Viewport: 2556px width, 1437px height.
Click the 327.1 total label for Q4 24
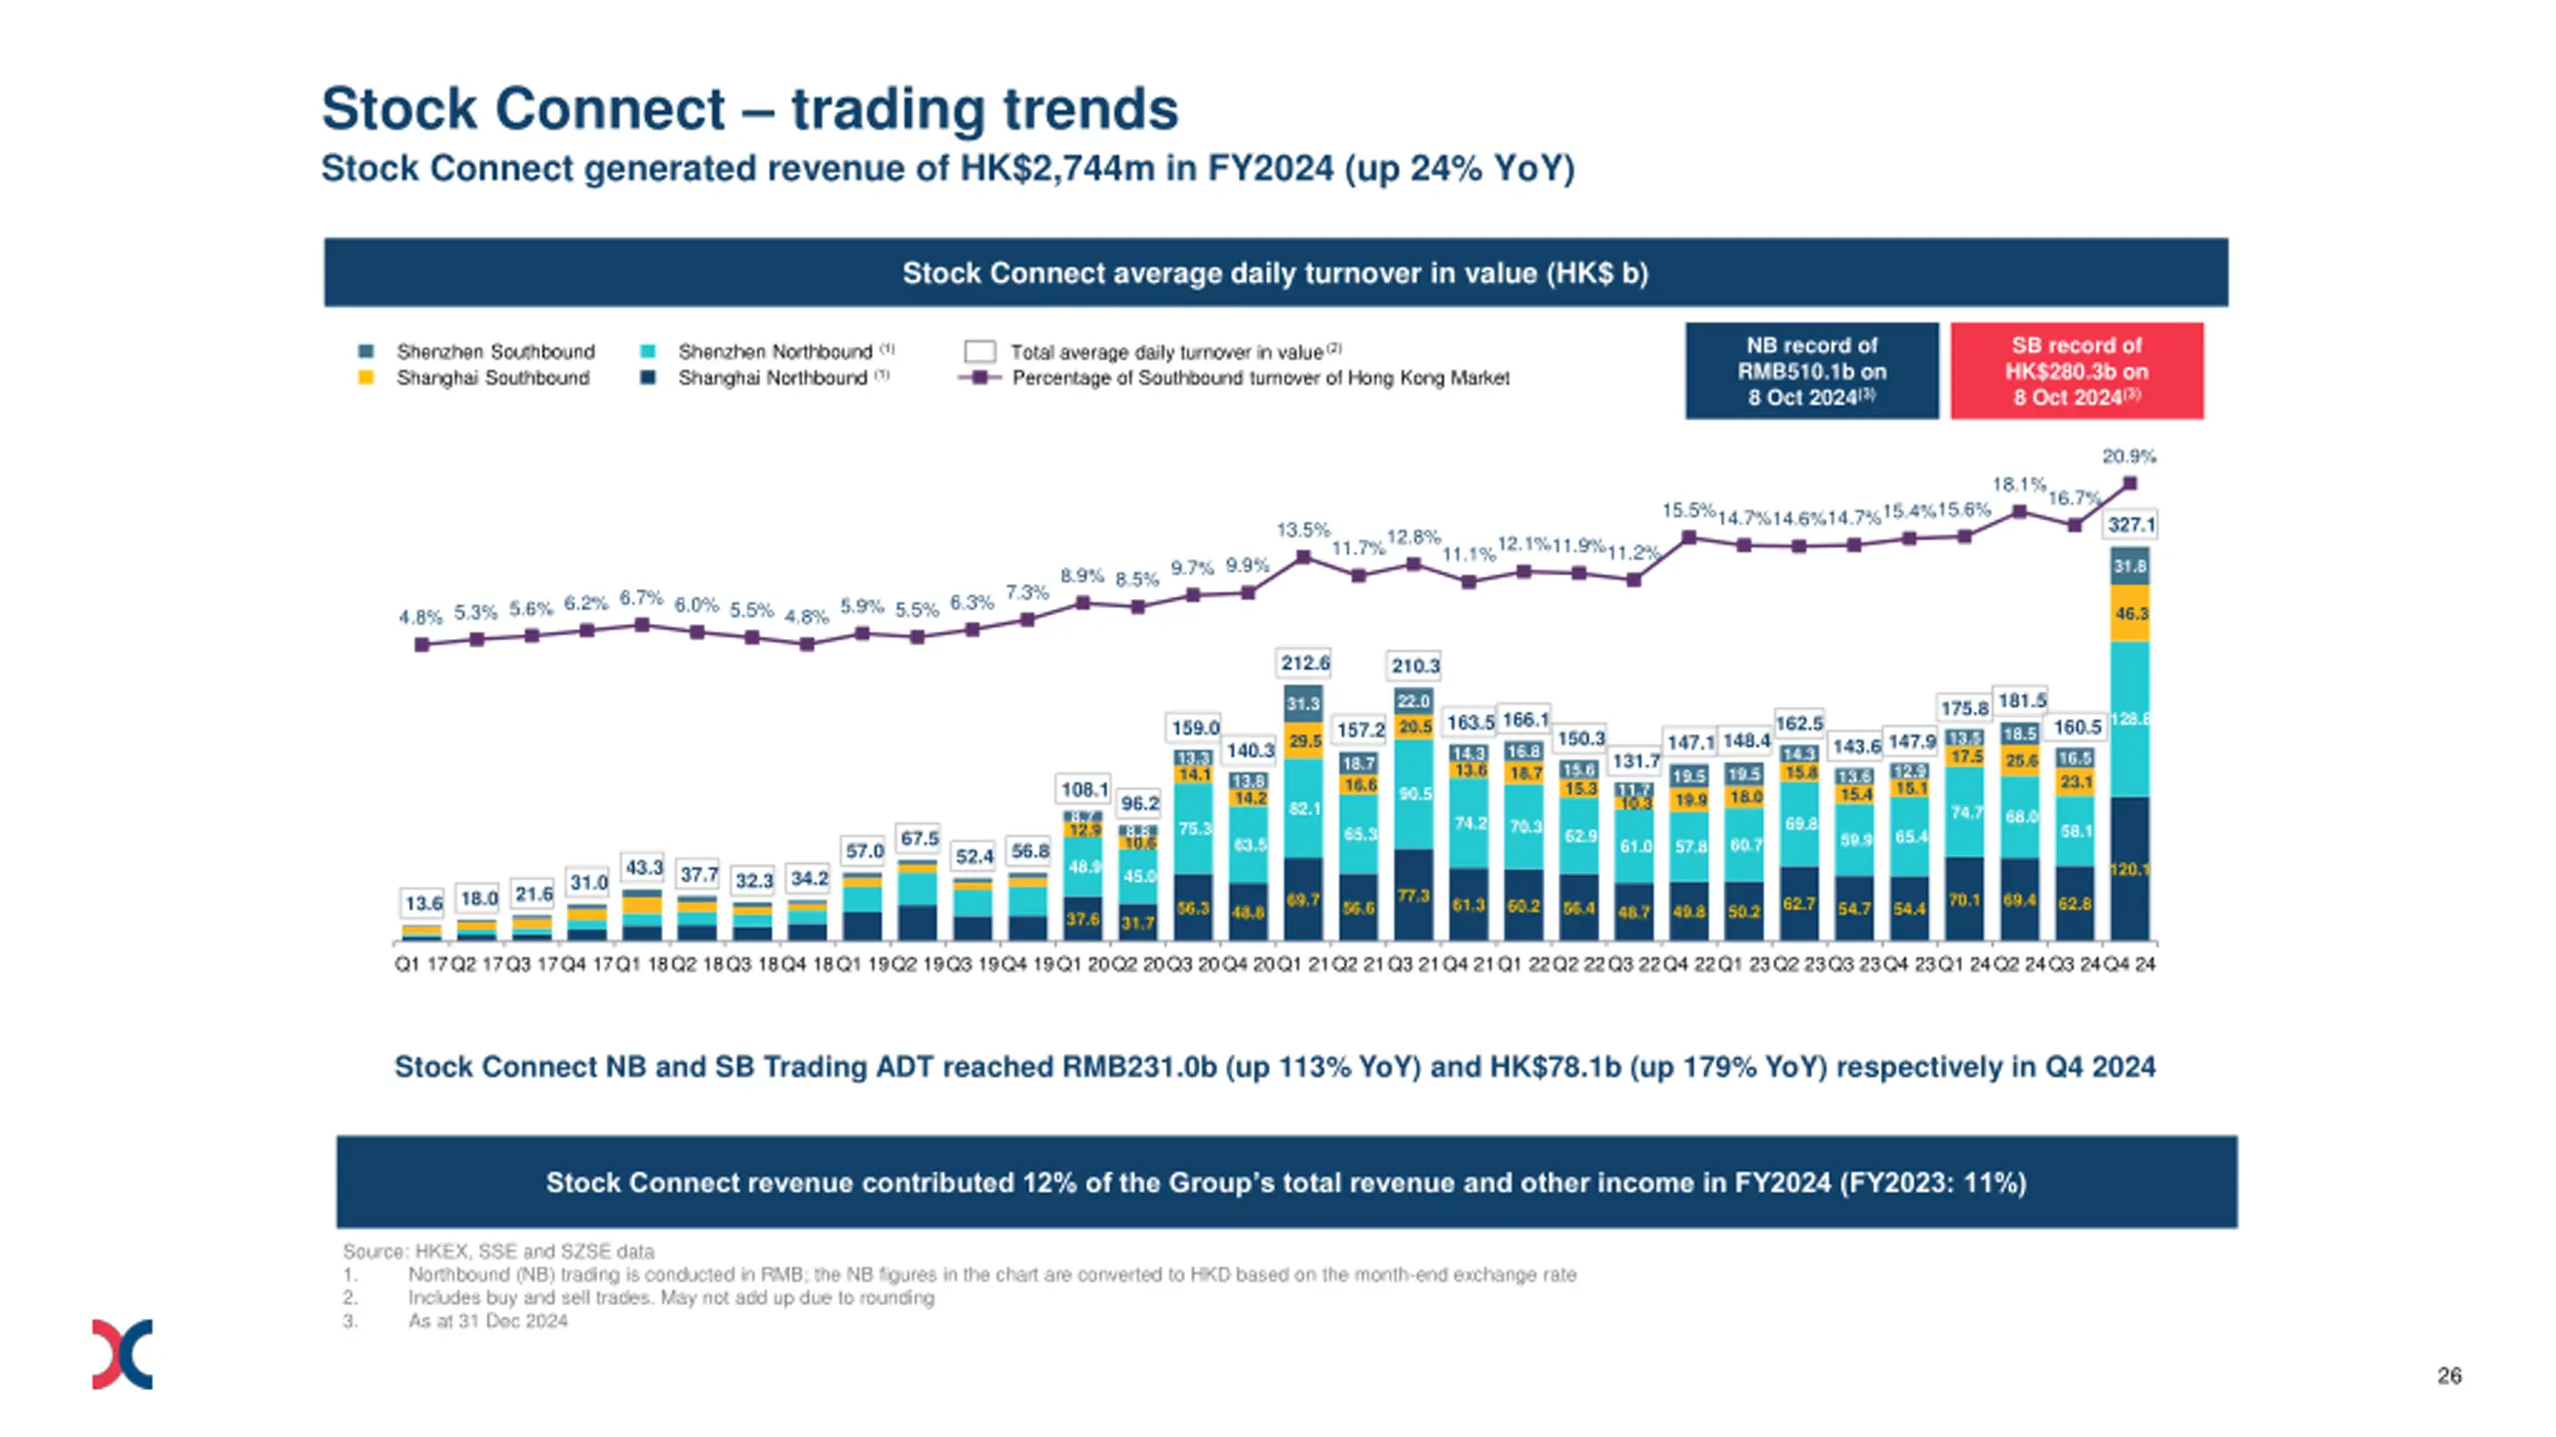pos(2131,524)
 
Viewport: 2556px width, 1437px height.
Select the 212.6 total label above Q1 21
pos(1305,662)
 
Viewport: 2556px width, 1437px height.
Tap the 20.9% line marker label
pos(2129,456)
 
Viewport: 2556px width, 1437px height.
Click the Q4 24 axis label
pos(2130,964)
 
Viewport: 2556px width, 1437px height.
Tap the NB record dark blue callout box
pos(1811,370)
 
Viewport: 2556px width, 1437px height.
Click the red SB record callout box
pos(2077,370)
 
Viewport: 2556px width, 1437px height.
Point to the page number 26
pos(2448,1375)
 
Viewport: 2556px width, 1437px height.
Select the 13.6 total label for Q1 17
pos(423,903)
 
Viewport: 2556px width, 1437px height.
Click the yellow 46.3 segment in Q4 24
pos(2131,613)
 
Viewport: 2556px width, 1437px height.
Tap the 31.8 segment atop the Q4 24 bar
pos(2130,566)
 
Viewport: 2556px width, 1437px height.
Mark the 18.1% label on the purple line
pos(2019,484)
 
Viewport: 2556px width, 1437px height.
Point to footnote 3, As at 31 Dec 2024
pos(487,1320)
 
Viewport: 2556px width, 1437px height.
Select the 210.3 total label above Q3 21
pos(1415,665)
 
